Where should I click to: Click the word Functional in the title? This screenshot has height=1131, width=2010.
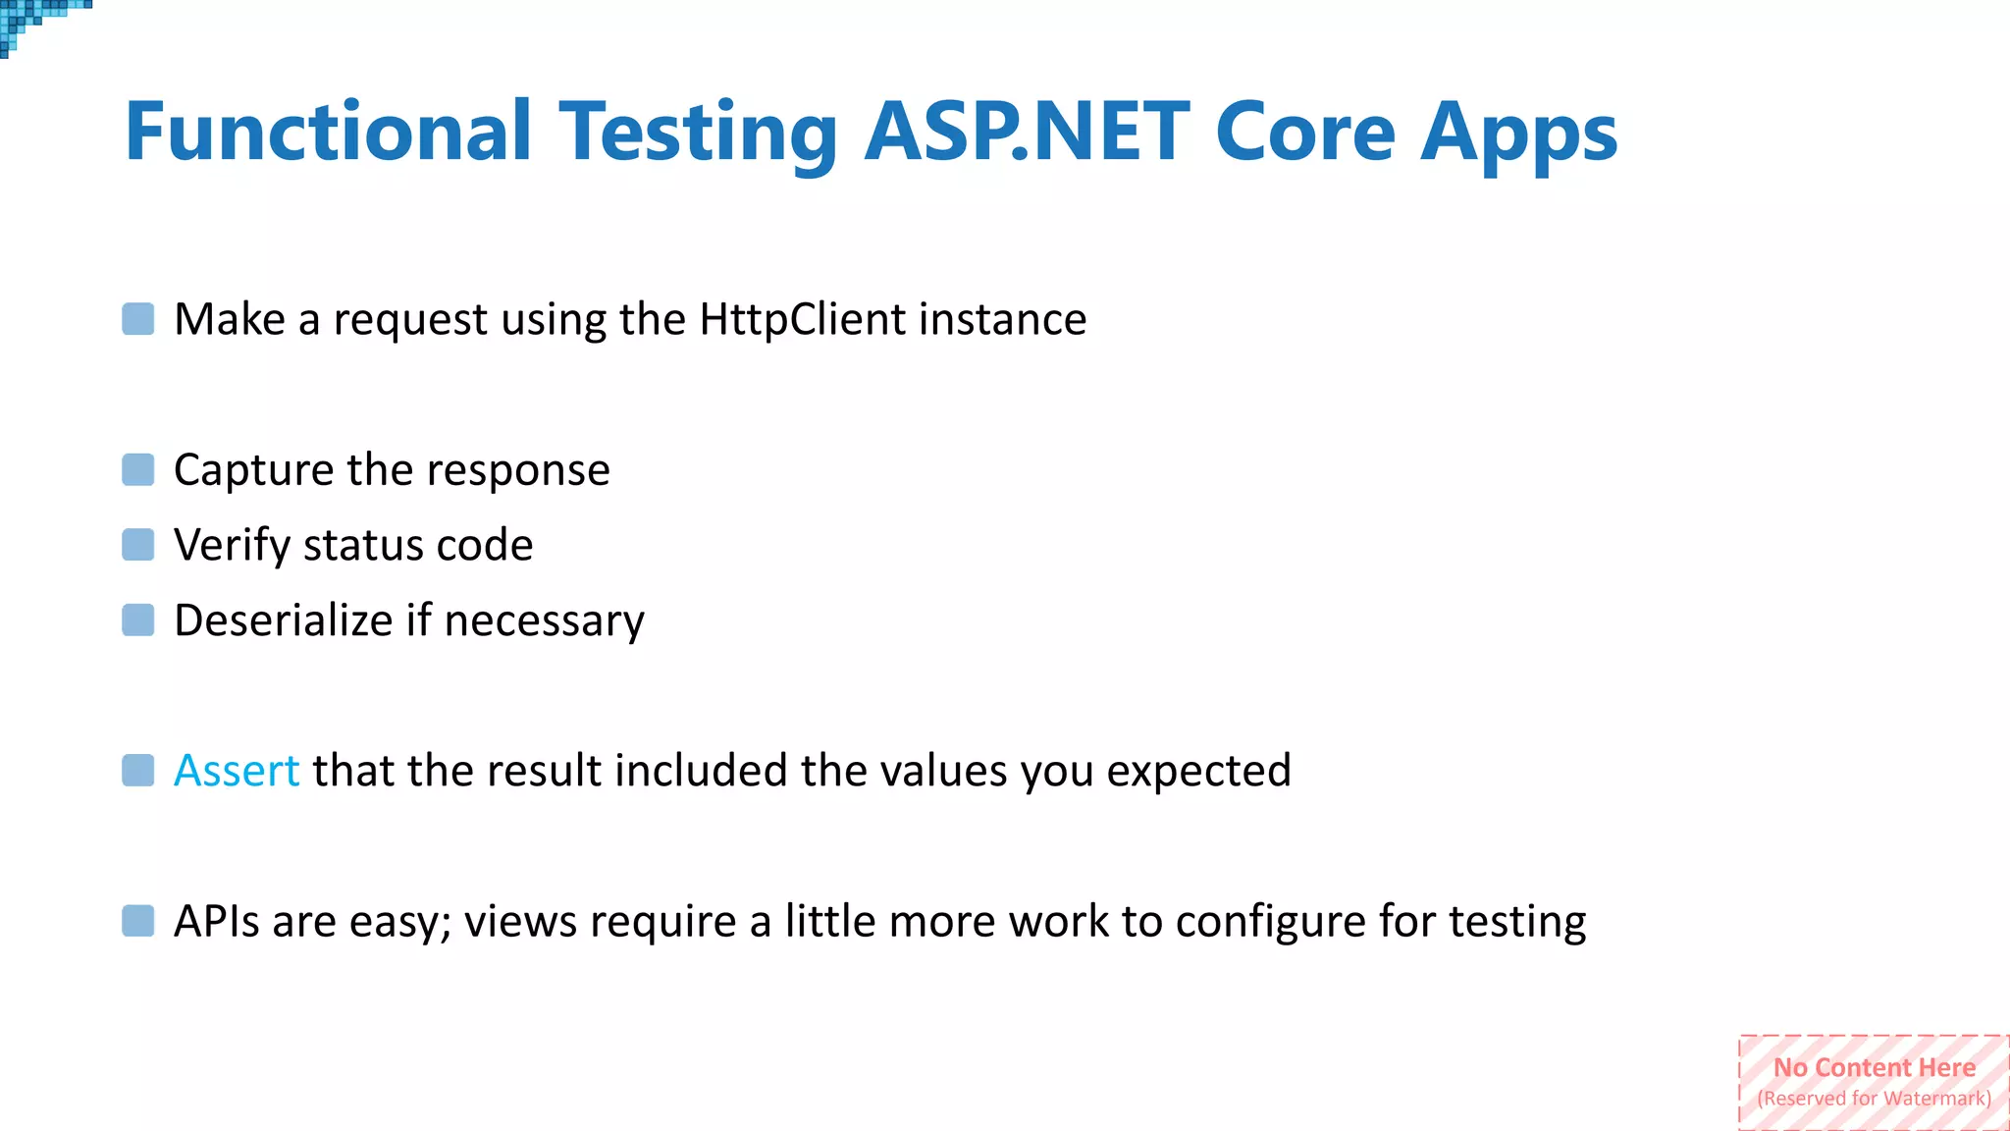328,133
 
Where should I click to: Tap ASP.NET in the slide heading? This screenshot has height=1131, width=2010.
1027,133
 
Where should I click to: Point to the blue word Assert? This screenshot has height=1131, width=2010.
236,771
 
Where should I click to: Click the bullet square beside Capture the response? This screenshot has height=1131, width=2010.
138,469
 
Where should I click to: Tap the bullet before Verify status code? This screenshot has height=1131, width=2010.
138,545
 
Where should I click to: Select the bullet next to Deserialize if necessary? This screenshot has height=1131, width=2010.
138,620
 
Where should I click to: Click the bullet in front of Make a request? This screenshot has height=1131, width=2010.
138,319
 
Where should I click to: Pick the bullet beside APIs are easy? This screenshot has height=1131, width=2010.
138,921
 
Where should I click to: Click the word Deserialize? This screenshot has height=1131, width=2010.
283,620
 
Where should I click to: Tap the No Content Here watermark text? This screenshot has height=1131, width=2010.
1874,1068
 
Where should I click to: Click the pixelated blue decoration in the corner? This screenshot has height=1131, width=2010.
29,20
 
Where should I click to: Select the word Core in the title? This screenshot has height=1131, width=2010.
1304,133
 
